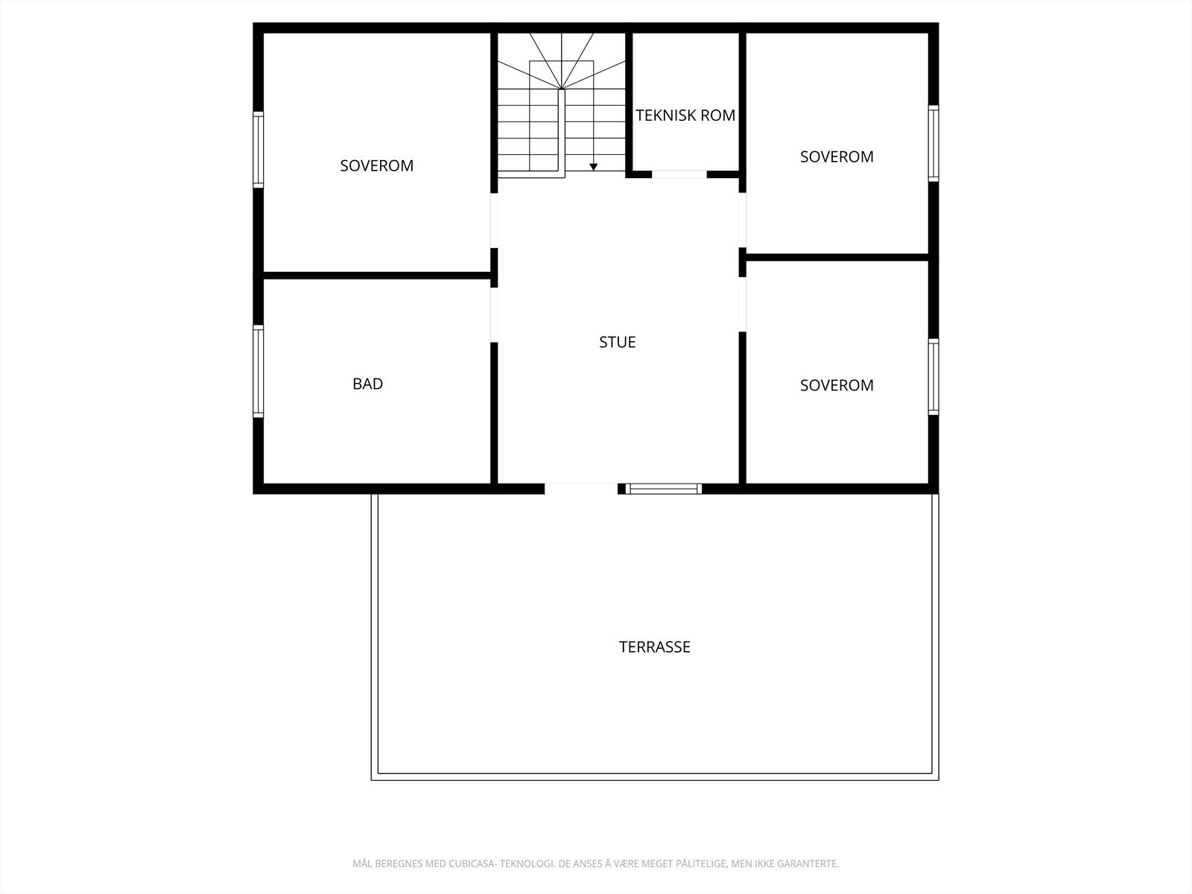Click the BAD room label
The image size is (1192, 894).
point(367,384)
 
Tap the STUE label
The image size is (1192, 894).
point(617,342)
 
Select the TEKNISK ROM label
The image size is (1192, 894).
point(685,115)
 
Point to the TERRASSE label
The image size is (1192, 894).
point(654,647)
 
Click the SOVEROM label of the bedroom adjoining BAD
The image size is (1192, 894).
point(376,165)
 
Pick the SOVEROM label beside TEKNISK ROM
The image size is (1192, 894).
point(837,156)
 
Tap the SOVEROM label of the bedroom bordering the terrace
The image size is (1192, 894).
point(837,385)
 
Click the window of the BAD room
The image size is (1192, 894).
point(259,371)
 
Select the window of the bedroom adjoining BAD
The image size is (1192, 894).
point(259,148)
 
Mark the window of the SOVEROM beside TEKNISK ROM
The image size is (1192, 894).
point(933,143)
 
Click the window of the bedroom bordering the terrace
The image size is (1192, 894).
point(933,376)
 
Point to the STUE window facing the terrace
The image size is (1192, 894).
point(663,489)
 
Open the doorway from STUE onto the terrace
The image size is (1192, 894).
point(581,489)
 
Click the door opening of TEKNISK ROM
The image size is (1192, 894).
point(679,174)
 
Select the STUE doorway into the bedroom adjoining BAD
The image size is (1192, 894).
point(493,221)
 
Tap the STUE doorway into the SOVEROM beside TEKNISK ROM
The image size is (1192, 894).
point(742,220)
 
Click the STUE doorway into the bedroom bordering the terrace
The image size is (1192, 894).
point(742,304)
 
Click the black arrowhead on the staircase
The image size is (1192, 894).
point(593,167)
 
